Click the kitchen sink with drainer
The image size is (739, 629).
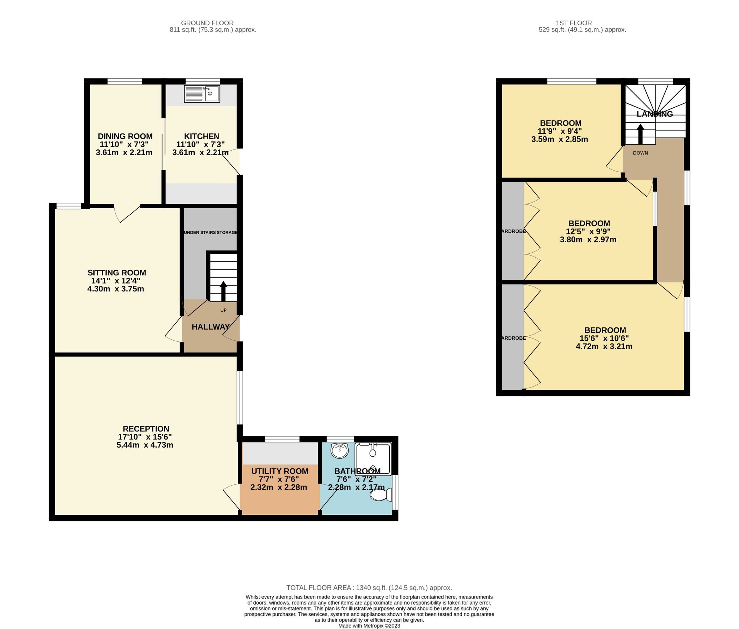coord(202,94)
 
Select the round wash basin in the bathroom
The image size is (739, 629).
coord(339,451)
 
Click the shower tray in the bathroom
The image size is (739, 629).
coord(373,459)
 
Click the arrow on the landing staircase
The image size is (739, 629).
coord(640,134)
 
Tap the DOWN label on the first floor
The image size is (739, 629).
coord(640,153)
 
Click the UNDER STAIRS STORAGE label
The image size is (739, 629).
coord(210,232)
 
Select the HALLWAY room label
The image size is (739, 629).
coord(210,327)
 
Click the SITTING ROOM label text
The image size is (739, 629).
coord(117,273)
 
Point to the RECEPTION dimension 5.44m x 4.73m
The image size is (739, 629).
coord(145,445)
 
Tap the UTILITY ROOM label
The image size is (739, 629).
coord(280,471)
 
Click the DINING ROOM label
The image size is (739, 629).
coord(125,136)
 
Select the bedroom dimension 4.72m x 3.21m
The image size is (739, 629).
coord(604,346)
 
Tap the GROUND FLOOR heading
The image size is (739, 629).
coord(207,23)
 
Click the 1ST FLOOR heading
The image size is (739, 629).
coord(574,23)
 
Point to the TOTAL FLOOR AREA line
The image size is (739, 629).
coord(369,588)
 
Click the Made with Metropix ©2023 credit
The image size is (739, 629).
coord(369,626)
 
